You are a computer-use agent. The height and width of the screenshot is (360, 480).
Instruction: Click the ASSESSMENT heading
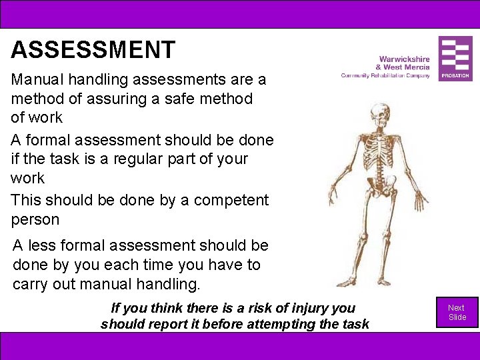93,50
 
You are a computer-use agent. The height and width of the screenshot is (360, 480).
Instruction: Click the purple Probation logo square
455,59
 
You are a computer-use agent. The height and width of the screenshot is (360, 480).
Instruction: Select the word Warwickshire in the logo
405,59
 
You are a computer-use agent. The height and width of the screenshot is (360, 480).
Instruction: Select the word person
35,219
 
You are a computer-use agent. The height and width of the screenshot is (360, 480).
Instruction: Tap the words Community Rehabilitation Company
385,75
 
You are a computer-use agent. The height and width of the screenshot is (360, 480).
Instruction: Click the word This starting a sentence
25,200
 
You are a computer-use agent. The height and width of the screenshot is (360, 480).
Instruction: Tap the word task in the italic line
355,325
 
